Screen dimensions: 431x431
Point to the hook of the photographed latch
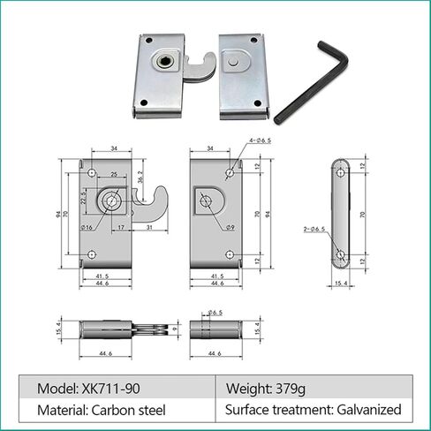[197, 69]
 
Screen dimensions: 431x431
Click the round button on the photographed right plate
[232, 64]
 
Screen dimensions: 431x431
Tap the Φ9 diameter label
[229, 228]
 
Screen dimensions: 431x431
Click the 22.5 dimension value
[83, 194]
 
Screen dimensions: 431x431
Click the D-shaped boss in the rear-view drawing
[208, 202]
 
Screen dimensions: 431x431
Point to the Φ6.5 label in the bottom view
[215, 313]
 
